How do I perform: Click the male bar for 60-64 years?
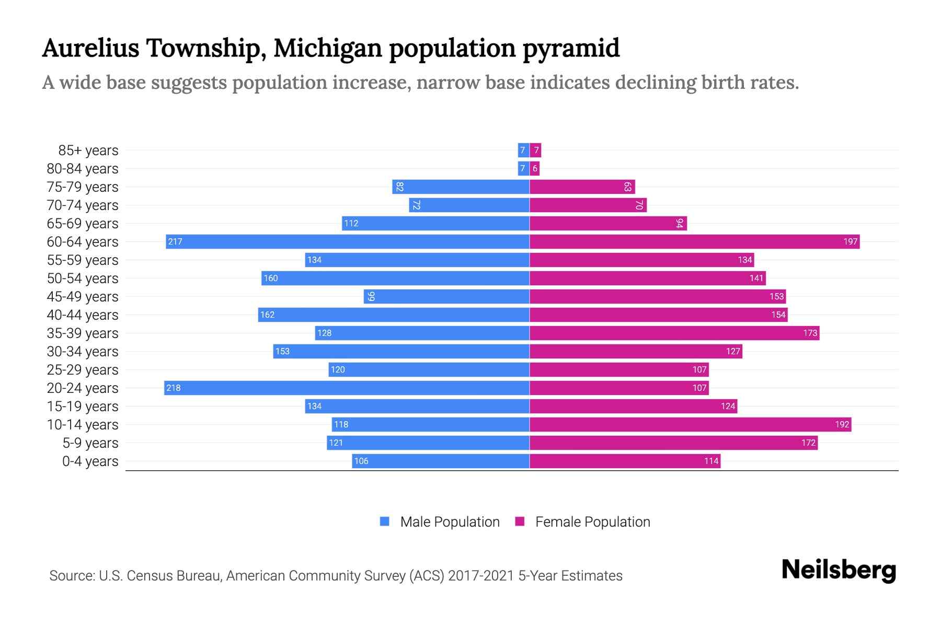348,241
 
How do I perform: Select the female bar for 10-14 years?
690,424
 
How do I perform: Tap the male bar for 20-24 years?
347,388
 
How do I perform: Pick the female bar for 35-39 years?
674,333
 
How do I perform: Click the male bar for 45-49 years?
447,296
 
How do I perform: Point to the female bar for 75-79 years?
582,187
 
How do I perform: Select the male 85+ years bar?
523,150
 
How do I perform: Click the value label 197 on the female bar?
850,241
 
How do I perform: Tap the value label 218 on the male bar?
174,388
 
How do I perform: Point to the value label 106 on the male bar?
361,461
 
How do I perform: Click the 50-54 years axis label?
83,278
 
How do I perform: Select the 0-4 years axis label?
90,461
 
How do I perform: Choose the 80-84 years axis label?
83,168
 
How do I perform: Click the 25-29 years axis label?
83,369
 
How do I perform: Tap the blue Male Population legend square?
385,521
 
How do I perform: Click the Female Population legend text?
592,521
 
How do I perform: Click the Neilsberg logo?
839,570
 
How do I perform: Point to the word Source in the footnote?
71,576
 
